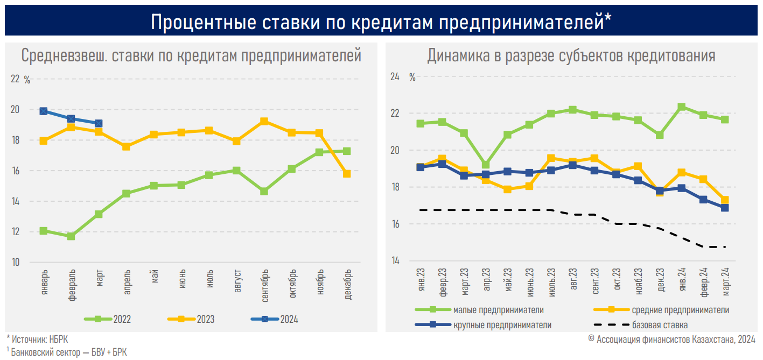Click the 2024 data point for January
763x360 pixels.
click(x=44, y=111)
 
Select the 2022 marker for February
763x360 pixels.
click(x=71, y=236)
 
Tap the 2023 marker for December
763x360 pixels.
click(x=347, y=174)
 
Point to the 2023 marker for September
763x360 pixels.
click(x=264, y=122)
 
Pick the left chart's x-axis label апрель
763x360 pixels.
click(x=127, y=282)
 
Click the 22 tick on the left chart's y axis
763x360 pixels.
click(x=15, y=79)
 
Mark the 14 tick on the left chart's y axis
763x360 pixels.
click(x=15, y=201)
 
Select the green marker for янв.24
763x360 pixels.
click(x=682, y=107)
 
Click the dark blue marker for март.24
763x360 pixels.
click(x=725, y=208)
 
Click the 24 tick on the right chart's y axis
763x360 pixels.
click(x=395, y=77)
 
